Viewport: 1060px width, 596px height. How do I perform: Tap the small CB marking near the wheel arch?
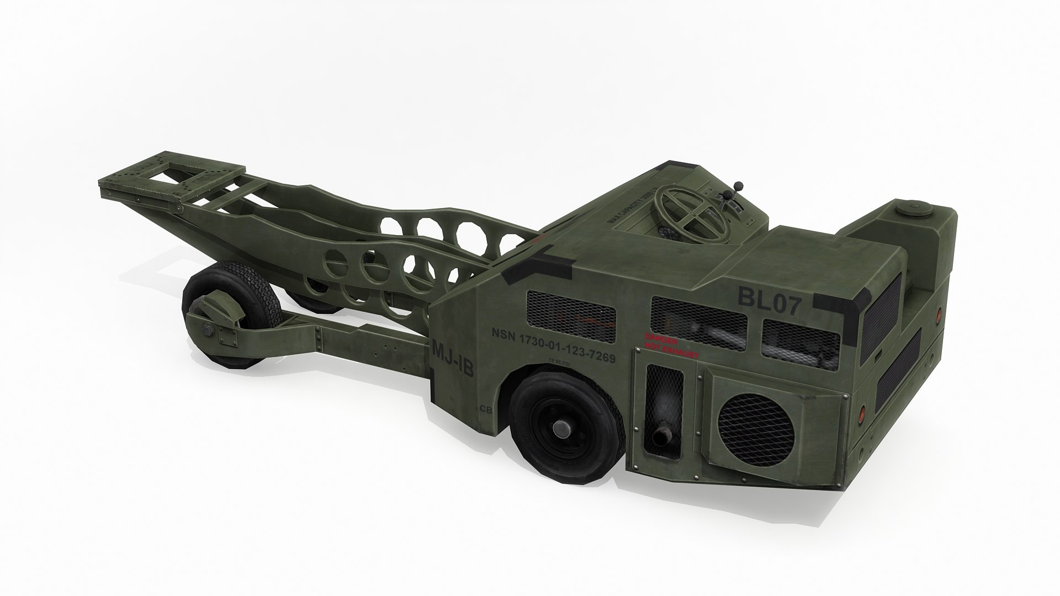point(486,409)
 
